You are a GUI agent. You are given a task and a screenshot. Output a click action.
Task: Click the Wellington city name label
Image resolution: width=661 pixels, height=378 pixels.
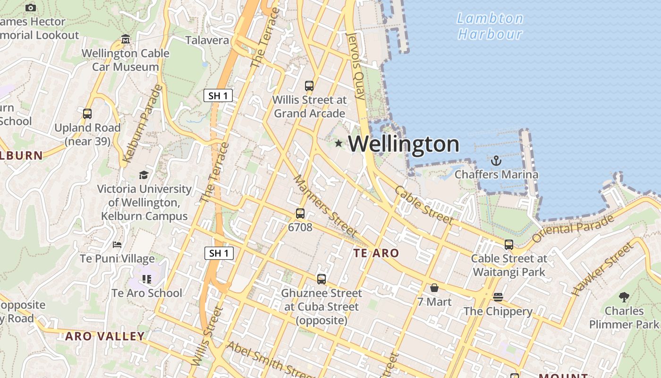tap(404, 144)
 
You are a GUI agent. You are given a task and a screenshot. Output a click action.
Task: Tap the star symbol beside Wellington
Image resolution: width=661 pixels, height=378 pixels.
tap(339, 143)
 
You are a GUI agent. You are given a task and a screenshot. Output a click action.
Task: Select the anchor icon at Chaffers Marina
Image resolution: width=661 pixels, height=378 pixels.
tap(496, 161)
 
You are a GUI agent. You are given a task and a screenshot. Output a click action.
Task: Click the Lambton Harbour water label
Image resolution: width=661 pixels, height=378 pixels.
tap(491, 26)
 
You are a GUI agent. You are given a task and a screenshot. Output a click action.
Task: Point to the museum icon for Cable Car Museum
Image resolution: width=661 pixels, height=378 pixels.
tap(126, 39)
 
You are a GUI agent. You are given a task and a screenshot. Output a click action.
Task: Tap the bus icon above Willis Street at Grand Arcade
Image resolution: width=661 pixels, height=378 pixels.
tap(309, 86)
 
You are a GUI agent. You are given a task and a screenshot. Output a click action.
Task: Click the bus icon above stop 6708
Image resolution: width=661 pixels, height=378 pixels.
tap(300, 214)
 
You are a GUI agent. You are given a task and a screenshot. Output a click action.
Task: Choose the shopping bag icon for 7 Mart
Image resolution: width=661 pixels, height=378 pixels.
tap(434, 288)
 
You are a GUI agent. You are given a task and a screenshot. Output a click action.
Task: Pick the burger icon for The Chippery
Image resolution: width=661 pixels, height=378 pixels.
tap(498, 297)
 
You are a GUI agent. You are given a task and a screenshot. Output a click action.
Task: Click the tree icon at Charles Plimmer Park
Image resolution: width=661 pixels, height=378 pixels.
tap(624, 297)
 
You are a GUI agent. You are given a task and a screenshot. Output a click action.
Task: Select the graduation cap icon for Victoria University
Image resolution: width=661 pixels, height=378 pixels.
tap(144, 175)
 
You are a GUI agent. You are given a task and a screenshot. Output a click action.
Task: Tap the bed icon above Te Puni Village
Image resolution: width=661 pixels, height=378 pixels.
tap(117, 245)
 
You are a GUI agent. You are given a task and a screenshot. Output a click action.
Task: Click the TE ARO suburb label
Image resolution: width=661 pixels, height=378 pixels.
tap(376, 253)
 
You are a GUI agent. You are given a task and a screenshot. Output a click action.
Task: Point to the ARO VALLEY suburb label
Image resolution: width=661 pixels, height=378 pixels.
tap(105, 336)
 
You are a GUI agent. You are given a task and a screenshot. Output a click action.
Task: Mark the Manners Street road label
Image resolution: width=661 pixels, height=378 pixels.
tap(325, 206)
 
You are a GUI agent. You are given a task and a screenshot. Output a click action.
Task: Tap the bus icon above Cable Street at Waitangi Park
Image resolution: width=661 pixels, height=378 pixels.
tap(509, 245)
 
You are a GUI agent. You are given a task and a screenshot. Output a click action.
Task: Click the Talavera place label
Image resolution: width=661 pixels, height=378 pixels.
tap(207, 40)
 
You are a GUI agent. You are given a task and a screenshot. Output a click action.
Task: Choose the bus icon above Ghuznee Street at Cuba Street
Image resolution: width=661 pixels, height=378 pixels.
tap(322, 279)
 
